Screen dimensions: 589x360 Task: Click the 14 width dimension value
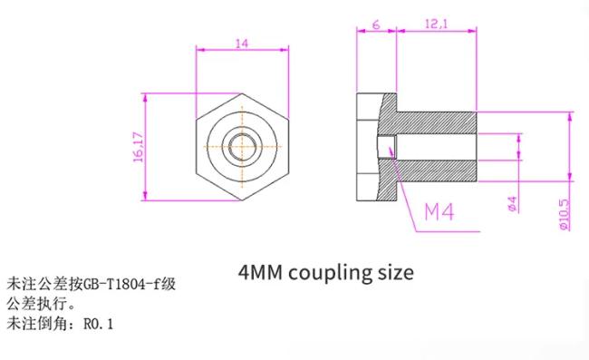click(242, 44)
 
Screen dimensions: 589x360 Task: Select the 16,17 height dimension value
click(139, 147)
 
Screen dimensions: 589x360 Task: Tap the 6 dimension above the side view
click(376, 24)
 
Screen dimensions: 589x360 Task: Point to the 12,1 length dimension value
click(437, 24)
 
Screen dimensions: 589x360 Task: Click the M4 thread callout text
click(439, 211)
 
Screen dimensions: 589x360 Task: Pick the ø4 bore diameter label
click(512, 204)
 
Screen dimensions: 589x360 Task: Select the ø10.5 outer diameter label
click(565, 214)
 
